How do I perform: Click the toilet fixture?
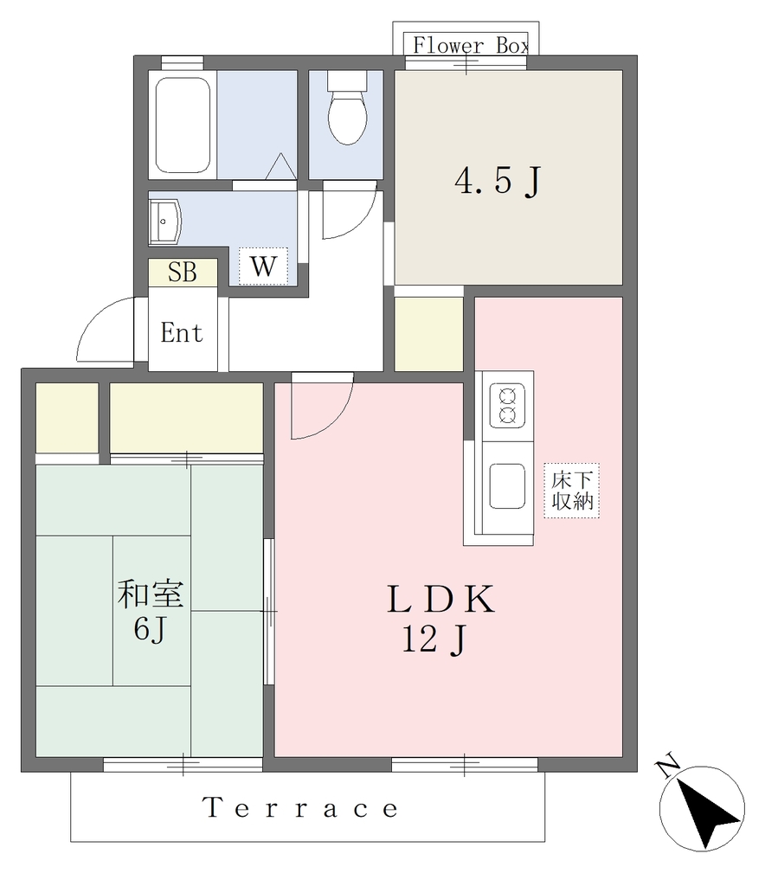coord(347,107)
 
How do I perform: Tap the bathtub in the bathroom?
coord(183,125)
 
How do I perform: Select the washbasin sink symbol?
coord(164,221)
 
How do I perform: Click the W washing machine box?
coord(263,266)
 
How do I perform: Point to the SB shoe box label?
coord(183,273)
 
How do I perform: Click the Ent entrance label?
coord(182,332)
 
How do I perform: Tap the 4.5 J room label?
coord(498,181)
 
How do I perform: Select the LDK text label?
coord(440,600)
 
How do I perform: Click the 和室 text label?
coord(151,594)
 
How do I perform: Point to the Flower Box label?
coord(471,45)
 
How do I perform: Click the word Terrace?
coord(300,808)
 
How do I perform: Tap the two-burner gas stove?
coord(507,406)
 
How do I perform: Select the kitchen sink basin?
coord(507,486)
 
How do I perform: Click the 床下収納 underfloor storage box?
coord(572,491)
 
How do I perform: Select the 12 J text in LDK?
coord(434,641)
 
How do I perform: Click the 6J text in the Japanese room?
coord(150,629)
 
